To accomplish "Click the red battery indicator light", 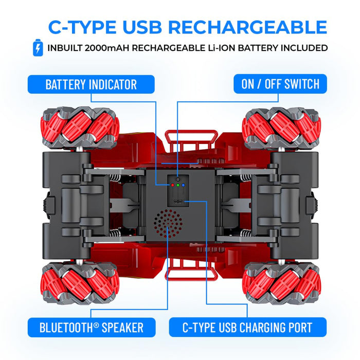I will [171, 184].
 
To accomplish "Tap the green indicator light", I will [177, 184].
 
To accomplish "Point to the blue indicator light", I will [184, 184].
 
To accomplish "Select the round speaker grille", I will [168, 223].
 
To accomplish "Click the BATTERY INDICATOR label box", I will [91, 84].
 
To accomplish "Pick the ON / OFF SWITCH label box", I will [280, 84].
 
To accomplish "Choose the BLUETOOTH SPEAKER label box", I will [91, 327].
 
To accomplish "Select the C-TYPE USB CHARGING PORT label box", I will [248, 327].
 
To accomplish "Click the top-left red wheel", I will [80, 128].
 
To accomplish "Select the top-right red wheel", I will [281, 128].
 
